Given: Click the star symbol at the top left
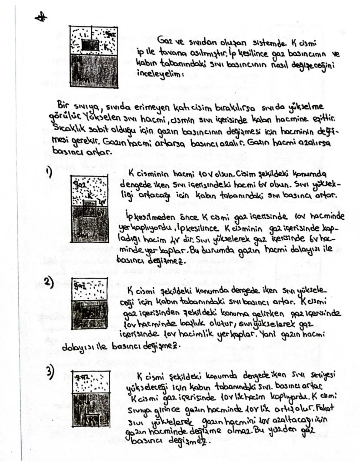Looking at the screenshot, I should pos(42,16).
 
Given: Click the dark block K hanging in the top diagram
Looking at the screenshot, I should pos(90,45).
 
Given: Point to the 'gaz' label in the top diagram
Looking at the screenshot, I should pos(110,33).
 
